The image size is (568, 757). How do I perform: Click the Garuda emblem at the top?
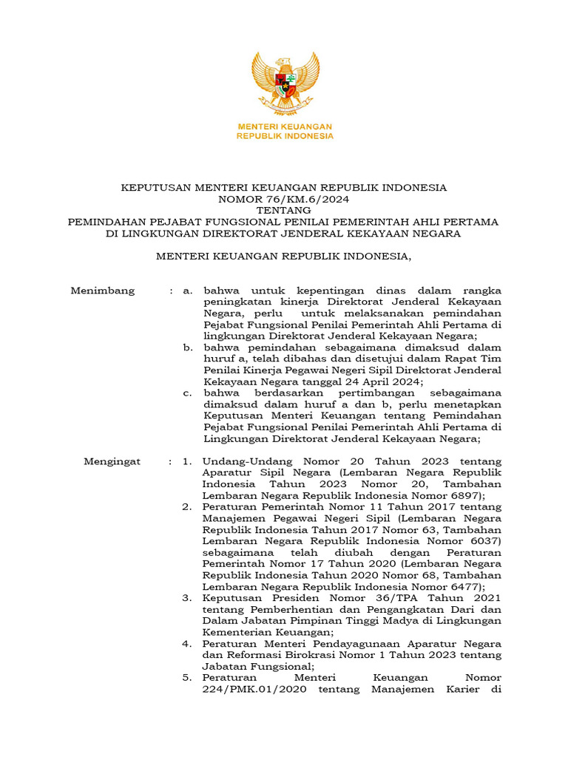tap(284, 82)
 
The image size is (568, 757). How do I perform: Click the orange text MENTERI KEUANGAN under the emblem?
tap(284, 126)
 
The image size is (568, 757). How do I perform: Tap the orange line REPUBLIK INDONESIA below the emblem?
tap(284, 136)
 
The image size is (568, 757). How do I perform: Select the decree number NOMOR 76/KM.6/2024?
tap(284, 199)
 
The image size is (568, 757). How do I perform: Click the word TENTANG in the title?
tap(284, 210)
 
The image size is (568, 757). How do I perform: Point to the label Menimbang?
tap(103, 291)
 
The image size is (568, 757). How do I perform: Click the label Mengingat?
tap(112, 461)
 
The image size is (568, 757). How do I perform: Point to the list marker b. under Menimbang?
tap(189, 347)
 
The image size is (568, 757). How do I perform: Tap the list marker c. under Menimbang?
tap(189, 393)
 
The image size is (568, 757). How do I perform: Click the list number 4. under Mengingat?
tap(188, 644)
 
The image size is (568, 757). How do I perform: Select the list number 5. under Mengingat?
tap(188, 678)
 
